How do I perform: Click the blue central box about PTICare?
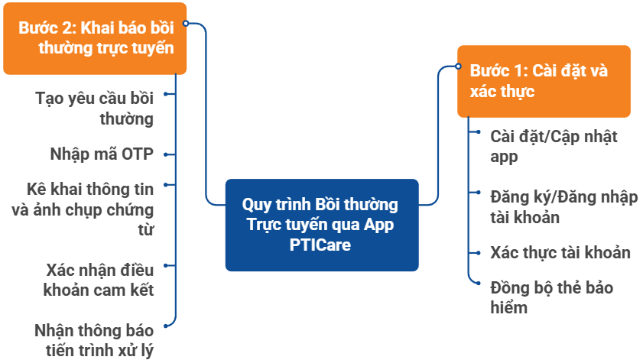tap(322, 225)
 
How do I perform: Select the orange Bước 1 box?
tap(544, 81)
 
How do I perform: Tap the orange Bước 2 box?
tap(95, 37)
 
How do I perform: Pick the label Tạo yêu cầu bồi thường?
tap(95, 109)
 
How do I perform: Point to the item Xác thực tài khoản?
tap(560, 252)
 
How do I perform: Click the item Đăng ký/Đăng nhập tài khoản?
tap(563, 206)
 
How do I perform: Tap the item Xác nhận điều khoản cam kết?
tap(99, 280)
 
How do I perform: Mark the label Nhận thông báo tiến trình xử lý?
tap(94, 341)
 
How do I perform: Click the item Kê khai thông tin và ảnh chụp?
tap(89, 208)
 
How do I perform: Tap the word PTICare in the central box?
tap(321, 245)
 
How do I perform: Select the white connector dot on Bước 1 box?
tap(459, 66)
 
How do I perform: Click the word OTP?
tap(137, 153)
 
